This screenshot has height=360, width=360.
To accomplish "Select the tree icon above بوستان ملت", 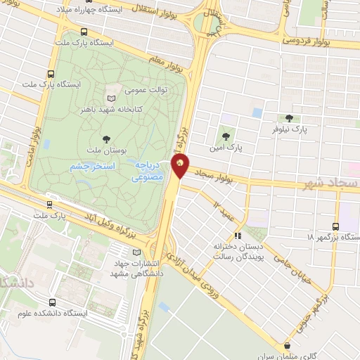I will [106, 139].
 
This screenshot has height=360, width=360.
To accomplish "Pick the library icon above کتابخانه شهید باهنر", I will [111, 97].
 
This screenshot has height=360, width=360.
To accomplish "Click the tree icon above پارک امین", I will [225, 136].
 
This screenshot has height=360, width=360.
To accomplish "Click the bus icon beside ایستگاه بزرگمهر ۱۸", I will [335, 226].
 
